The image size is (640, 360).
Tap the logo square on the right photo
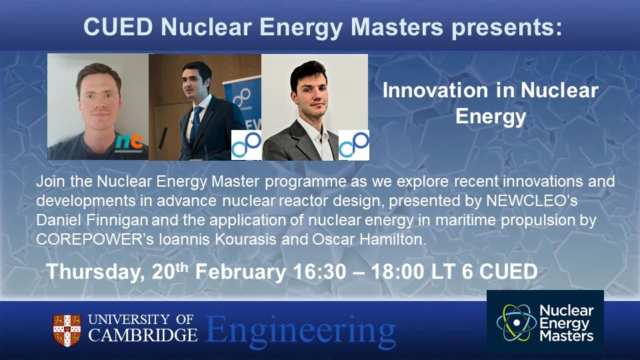tap(353, 145)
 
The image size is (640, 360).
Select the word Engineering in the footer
tap(300, 329)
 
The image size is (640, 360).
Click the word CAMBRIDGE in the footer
tap(143, 335)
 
